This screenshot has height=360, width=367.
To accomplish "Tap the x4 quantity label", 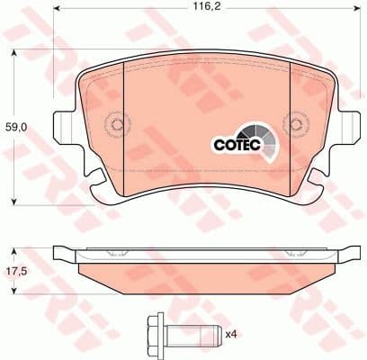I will pos(230,335).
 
